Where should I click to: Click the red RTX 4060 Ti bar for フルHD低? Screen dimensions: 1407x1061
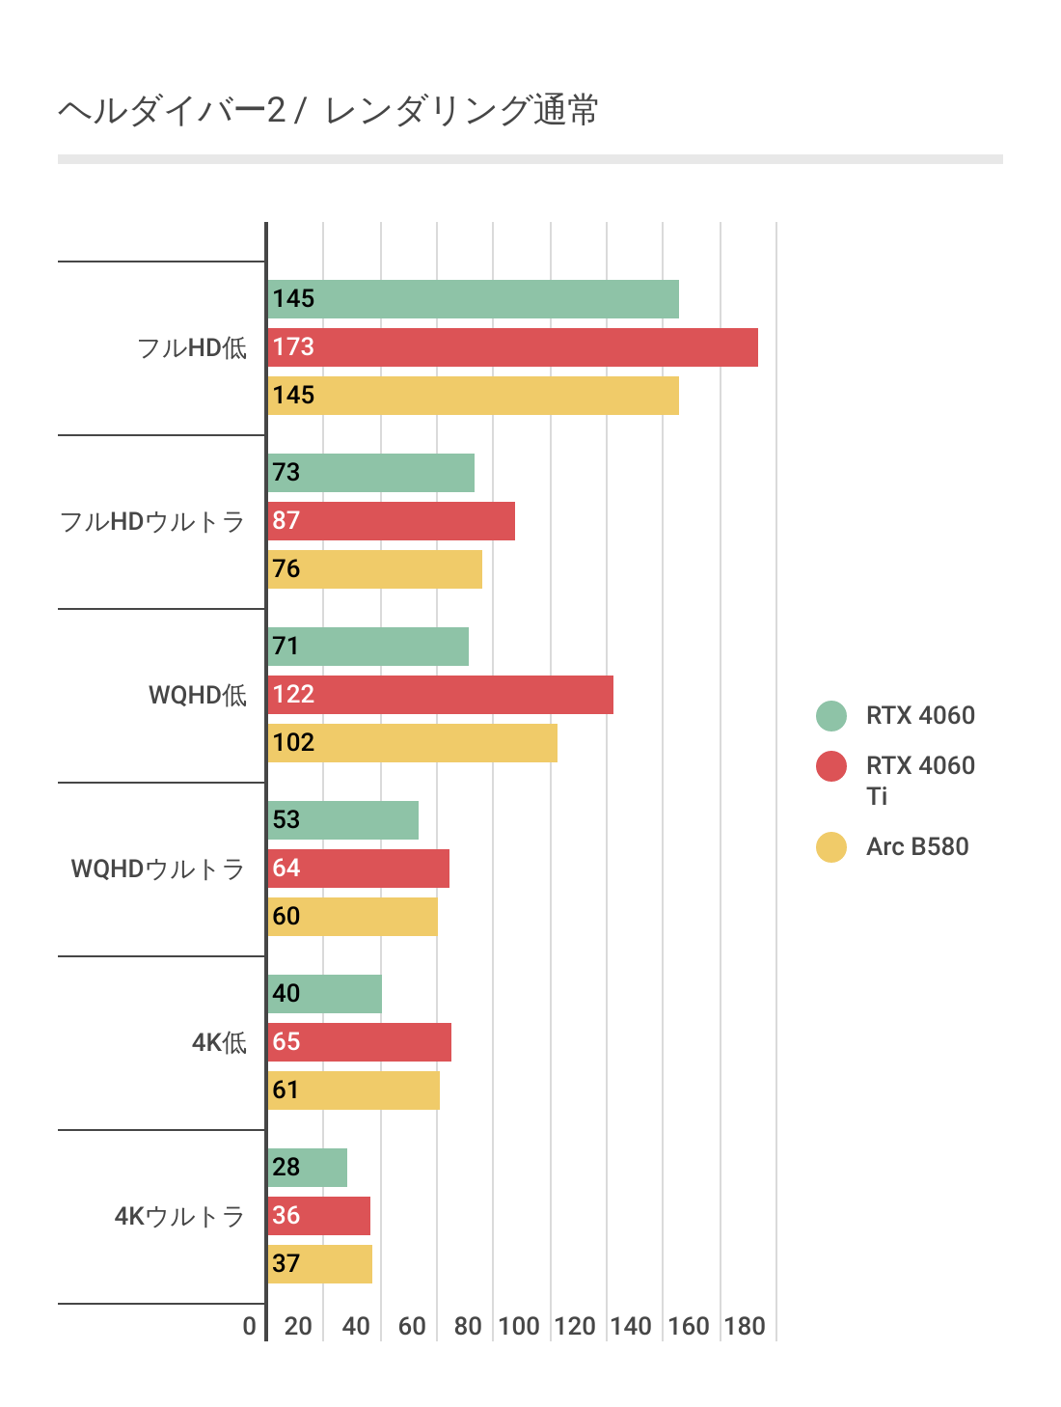512,347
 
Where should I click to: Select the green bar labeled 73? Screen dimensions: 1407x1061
371,473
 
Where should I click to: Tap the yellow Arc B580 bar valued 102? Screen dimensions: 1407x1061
412,743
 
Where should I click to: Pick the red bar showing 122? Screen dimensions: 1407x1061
440,695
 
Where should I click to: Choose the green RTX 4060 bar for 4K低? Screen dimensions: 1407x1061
325,994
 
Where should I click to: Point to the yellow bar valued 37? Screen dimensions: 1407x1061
320,1264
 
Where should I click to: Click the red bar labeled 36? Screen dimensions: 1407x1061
319,1216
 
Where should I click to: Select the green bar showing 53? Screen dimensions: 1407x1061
343,820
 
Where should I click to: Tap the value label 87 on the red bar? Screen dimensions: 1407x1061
286,521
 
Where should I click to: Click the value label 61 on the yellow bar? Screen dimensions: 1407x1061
286,1090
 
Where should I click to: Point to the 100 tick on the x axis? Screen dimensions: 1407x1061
519,1326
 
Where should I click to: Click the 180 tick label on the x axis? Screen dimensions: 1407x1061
745,1326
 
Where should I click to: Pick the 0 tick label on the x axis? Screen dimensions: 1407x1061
250,1326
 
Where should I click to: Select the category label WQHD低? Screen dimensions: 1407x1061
198,696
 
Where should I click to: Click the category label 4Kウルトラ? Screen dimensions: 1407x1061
180,1216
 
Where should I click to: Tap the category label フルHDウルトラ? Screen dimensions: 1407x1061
152,522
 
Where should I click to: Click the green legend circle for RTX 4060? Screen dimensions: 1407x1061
831,716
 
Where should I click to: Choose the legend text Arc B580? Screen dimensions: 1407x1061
917,847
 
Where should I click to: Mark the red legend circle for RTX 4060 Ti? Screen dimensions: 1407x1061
831,766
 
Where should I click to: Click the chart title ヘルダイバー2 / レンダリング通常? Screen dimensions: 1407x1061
328,111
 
